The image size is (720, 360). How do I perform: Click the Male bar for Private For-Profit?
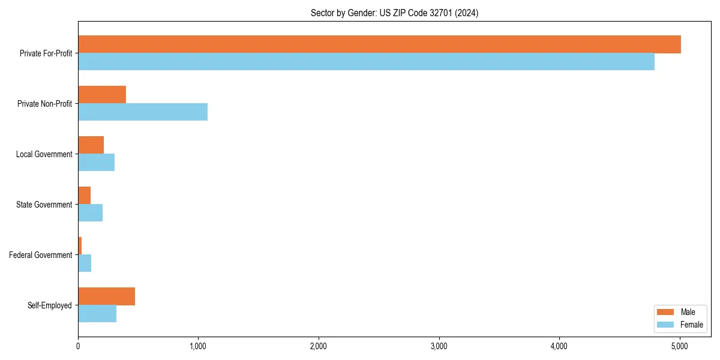pos(379,44)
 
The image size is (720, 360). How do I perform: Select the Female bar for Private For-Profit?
pos(366,62)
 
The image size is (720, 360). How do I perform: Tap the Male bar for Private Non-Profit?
pos(102,95)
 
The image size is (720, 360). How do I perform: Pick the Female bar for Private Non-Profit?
pos(143,112)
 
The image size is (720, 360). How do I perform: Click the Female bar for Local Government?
pos(96,163)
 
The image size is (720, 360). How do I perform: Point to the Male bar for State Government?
pos(84,196)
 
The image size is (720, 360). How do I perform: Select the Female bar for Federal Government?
pos(85,263)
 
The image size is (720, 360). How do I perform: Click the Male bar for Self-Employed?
pos(106,296)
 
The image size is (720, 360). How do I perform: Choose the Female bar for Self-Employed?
pos(97,314)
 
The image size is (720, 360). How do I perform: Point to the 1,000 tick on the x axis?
pos(198,346)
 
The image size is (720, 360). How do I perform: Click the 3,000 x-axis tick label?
pos(439,346)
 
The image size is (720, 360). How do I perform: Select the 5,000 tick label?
pos(679,346)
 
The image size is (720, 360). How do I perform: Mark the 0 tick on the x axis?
pos(78,346)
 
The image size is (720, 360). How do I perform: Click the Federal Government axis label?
pos(41,255)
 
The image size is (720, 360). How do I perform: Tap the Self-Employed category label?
pos(50,305)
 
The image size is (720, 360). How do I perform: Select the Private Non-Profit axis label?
pos(46,104)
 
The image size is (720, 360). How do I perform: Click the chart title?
pos(394,13)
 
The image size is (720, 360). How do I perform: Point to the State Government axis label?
pos(44,205)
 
